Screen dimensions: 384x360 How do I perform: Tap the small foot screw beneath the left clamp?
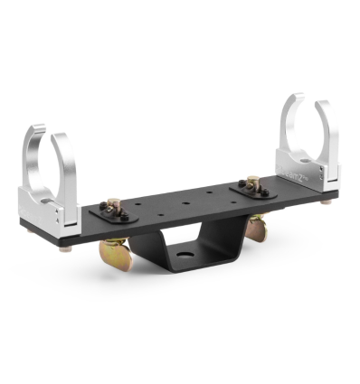tap(65, 248)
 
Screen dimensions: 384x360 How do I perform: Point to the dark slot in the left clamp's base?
tap(58, 218)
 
